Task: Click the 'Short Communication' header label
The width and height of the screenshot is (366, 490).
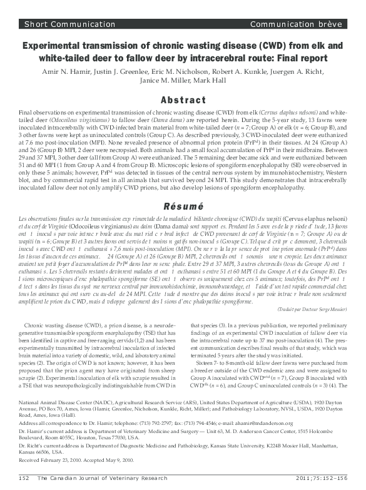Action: (56, 24)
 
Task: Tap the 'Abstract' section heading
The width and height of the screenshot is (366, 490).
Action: (183, 100)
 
